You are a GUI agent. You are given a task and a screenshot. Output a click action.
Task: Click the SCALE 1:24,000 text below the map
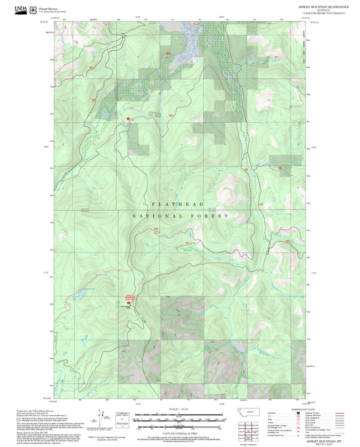(178, 409)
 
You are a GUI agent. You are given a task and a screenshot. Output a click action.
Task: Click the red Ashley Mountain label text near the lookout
(130, 296)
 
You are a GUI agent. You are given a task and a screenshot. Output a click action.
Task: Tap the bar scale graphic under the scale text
(178, 419)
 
